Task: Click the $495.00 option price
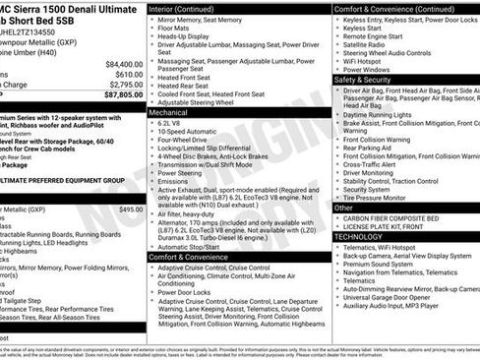130,210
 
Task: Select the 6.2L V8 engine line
173,125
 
